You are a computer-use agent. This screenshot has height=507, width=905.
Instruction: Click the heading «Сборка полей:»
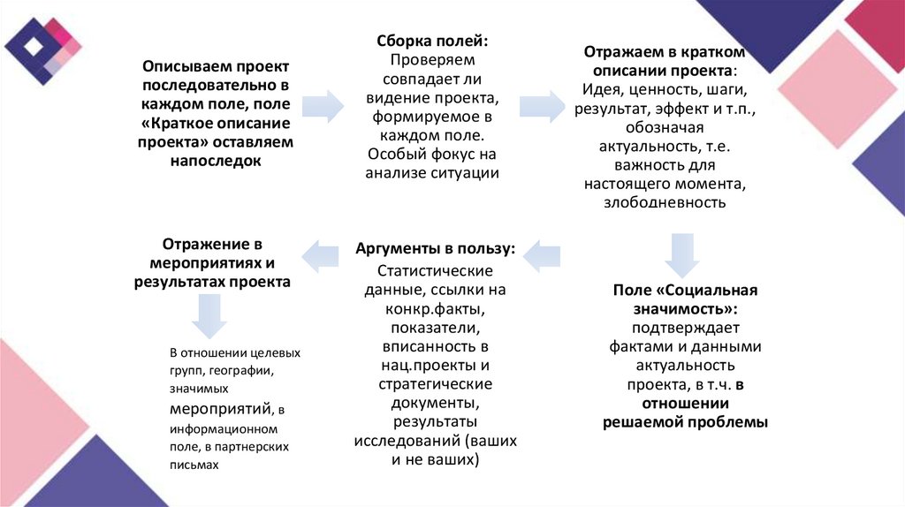point(432,42)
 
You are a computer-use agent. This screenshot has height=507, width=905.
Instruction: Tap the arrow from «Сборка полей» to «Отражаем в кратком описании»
point(540,105)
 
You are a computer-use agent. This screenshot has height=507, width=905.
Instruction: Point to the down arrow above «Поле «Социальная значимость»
point(681,253)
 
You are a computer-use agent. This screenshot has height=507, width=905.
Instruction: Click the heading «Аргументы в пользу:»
point(435,249)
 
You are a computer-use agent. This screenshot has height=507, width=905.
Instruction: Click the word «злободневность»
point(665,202)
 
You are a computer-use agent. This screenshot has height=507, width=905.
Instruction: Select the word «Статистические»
point(435,270)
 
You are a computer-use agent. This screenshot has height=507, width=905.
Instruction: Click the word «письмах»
point(194,465)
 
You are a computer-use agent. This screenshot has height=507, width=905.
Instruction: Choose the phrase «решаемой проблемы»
point(685,422)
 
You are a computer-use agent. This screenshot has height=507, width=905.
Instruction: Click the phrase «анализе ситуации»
point(433,173)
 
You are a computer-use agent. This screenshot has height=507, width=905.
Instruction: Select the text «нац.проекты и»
point(435,365)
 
